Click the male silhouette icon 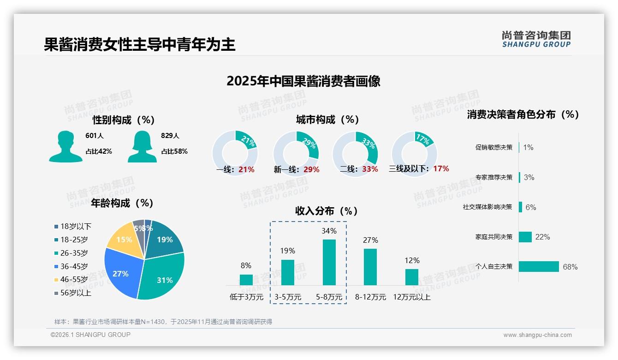[x=65, y=147]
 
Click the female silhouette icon [x=142, y=147]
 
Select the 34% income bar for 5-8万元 [x=329, y=262]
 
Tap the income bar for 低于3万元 [x=246, y=280]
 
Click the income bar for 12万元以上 [x=411, y=277]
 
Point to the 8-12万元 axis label [x=370, y=297]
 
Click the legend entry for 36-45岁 [x=74, y=266]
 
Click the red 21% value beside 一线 [x=247, y=169]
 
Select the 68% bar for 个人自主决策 [x=539, y=266]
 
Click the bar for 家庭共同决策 [x=525, y=237]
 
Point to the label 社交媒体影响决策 [x=487, y=207]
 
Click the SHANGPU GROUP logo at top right [x=536, y=39]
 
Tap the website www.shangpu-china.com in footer [x=537, y=335]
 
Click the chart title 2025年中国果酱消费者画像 [x=303, y=81]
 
